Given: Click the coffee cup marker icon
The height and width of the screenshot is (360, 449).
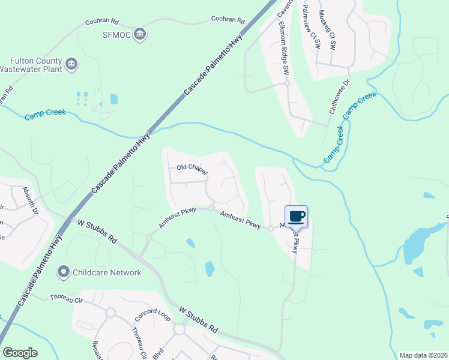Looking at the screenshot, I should tap(296, 216).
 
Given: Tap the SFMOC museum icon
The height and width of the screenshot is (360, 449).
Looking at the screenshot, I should tap(140, 34).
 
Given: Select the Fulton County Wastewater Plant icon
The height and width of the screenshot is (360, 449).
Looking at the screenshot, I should tap(71, 64).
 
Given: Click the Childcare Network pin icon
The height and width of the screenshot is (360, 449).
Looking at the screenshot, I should tap(63, 272).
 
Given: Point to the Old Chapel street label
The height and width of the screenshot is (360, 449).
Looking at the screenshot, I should tap(191, 169).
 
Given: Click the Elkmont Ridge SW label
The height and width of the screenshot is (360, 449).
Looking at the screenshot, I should tap(283, 48).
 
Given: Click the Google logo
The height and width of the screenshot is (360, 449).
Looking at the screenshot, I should tap(20, 353).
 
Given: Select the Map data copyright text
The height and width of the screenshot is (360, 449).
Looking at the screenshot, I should tap(423, 355).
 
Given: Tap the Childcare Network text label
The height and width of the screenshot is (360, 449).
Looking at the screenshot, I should tap(107, 272).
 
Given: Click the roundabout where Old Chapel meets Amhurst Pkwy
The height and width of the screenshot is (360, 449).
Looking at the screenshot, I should tap(211, 208).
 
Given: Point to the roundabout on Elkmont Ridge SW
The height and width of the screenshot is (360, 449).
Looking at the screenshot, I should tap(288, 83).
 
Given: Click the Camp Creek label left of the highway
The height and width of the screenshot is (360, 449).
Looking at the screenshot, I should tap(44, 114).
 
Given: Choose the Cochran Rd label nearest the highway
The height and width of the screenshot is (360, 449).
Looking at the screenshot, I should tap(228, 20).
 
